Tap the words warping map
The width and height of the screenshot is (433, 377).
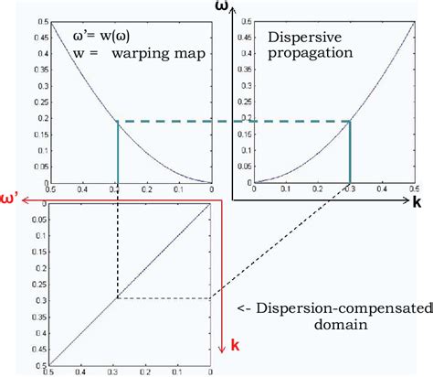(x=157, y=54)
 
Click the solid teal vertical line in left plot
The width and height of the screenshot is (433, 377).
(x=119, y=151)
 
